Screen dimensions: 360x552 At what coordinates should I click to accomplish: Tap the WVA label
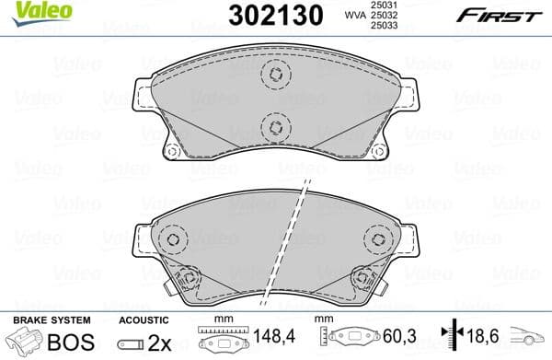350,17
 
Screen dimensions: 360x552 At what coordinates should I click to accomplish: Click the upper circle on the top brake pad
274,75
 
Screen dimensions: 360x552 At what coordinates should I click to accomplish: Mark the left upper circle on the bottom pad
171,238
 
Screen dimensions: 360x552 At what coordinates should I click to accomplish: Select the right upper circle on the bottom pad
376,238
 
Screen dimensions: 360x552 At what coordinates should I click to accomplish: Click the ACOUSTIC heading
144,319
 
